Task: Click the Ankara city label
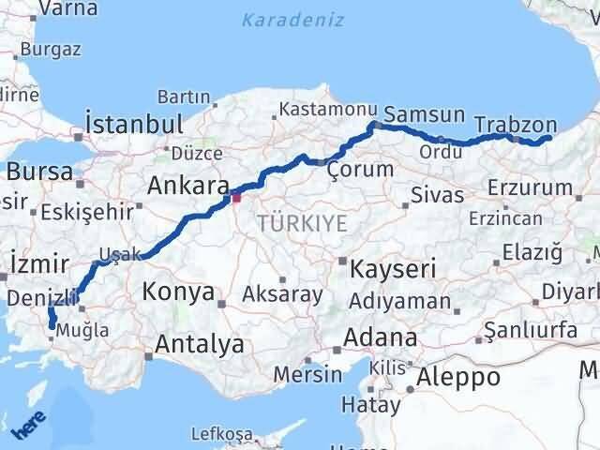(x=188, y=185)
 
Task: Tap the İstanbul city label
(x=133, y=125)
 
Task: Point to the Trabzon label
(x=515, y=125)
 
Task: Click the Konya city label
(x=178, y=292)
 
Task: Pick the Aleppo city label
(x=459, y=378)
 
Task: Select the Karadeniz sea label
(x=292, y=20)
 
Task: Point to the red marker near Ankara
(x=236, y=197)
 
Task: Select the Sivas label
(x=438, y=196)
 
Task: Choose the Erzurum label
(x=532, y=187)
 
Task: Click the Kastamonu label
(x=320, y=111)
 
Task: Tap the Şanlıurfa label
(x=527, y=331)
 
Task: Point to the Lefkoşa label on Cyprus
(x=221, y=434)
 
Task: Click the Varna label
(x=68, y=9)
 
